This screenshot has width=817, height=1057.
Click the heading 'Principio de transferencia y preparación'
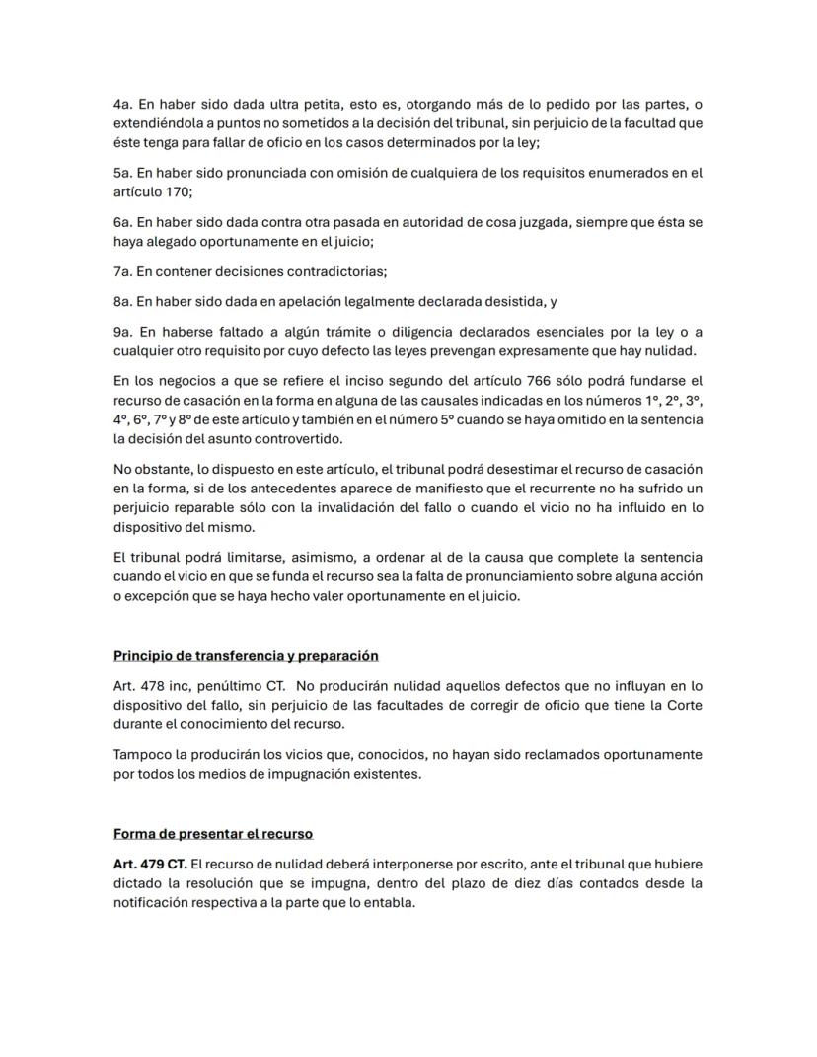click(x=246, y=655)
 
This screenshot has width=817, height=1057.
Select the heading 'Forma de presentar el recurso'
click(x=212, y=833)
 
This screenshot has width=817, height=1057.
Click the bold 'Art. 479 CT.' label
click(x=150, y=864)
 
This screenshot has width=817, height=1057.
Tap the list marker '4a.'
click(x=123, y=104)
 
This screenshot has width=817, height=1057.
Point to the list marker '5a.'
click(x=123, y=173)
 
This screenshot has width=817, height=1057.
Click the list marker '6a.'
click(x=123, y=222)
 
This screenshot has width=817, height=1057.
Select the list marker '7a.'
click(x=123, y=271)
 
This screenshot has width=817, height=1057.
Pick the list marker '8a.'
click(x=123, y=302)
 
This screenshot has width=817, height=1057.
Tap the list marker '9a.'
click(x=123, y=332)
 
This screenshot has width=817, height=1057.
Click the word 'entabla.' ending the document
click(x=388, y=902)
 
